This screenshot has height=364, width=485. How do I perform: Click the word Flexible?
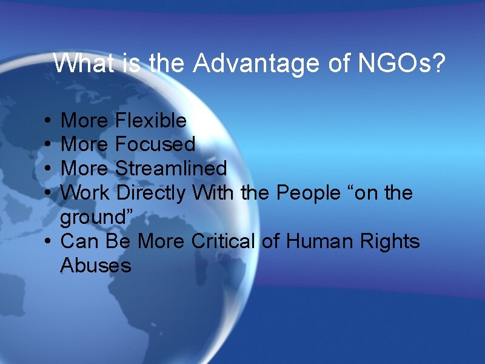[x=151, y=121]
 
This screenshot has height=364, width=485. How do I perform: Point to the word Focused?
[x=155, y=144]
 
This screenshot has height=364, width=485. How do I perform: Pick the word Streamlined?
[x=171, y=168]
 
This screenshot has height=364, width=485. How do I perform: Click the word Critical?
[x=223, y=241]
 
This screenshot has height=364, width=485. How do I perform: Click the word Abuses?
[x=96, y=265]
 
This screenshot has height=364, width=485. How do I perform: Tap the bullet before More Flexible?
[x=47, y=121]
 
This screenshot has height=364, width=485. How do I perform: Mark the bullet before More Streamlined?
[x=47, y=169]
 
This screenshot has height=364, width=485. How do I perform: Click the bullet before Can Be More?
[x=47, y=242]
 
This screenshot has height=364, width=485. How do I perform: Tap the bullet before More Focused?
[x=47, y=145]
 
